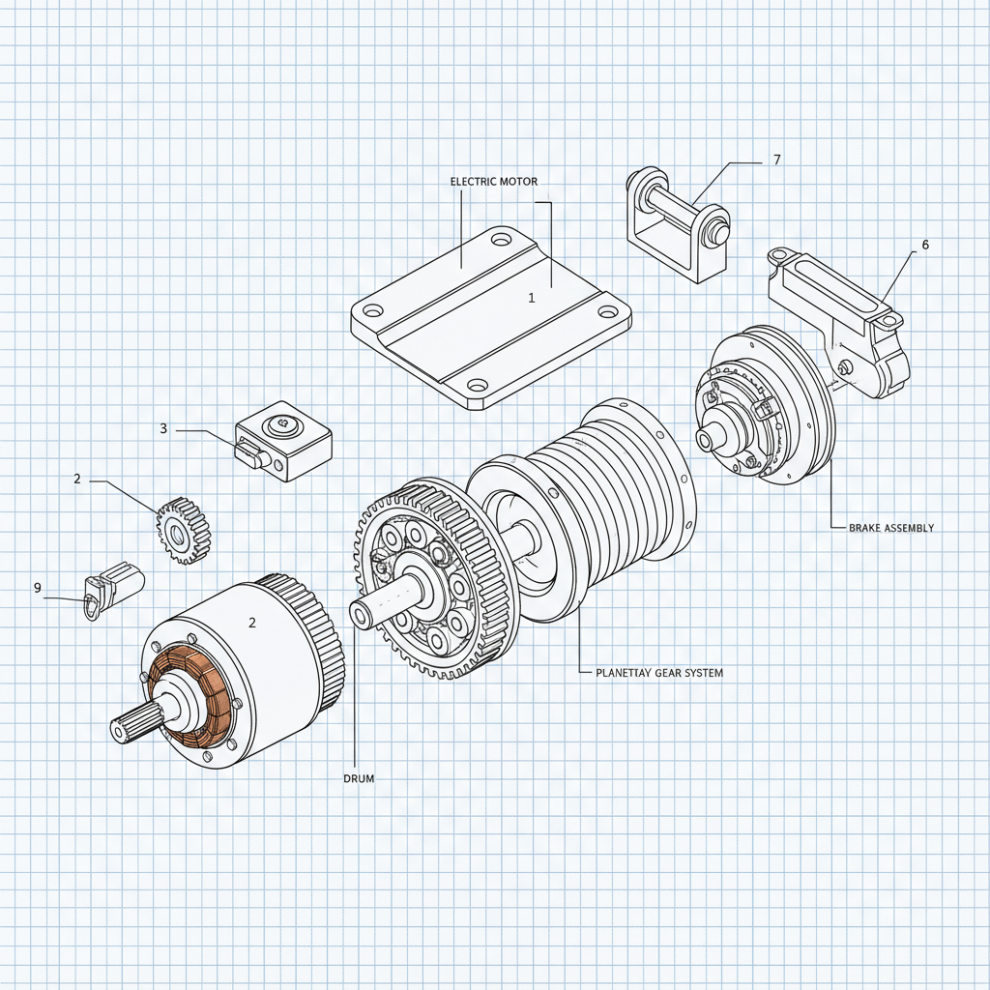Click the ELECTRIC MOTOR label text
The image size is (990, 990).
coord(493,182)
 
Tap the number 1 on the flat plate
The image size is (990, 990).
coord(531,298)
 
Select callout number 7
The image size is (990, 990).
coord(776,160)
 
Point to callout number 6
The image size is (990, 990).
coord(924,246)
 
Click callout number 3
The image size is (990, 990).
coord(163,428)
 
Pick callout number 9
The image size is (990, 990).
coord(38,588)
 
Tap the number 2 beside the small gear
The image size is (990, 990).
coord(77,479)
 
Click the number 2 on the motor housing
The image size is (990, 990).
coord(252,624)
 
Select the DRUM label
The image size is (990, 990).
coord(358,777)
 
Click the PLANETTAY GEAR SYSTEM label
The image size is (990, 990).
coord(655,672)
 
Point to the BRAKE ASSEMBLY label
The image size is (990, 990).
coord(890,528)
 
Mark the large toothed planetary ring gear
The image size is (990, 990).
coord(425,580)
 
